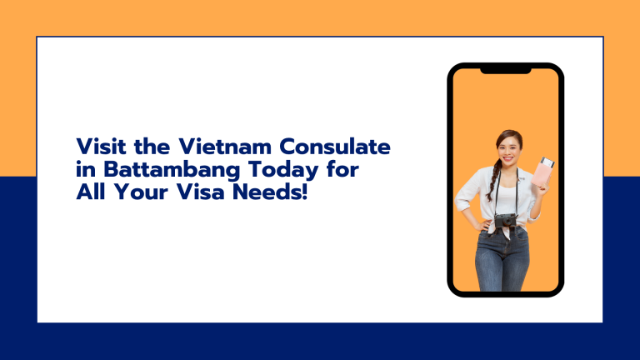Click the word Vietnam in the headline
tap(232, 147)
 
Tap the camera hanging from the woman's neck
tap(505, 221)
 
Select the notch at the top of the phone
tap(506, 70)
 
